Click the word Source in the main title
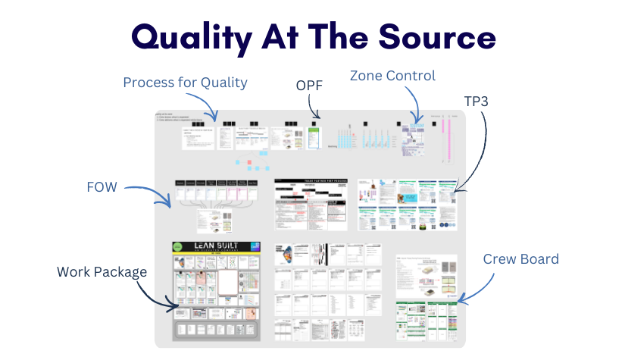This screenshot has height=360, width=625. click(x=433, y=36)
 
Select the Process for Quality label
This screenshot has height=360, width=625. click(x=185, y=83)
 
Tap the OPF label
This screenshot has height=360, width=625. click(x=309, y=86)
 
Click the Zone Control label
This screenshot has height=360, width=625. click(x=392, y=76)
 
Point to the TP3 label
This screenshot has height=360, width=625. click(x=477, y=100)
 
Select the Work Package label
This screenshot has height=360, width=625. click(x=102, y=271)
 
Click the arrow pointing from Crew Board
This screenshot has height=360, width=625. click(x=473, y=290)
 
